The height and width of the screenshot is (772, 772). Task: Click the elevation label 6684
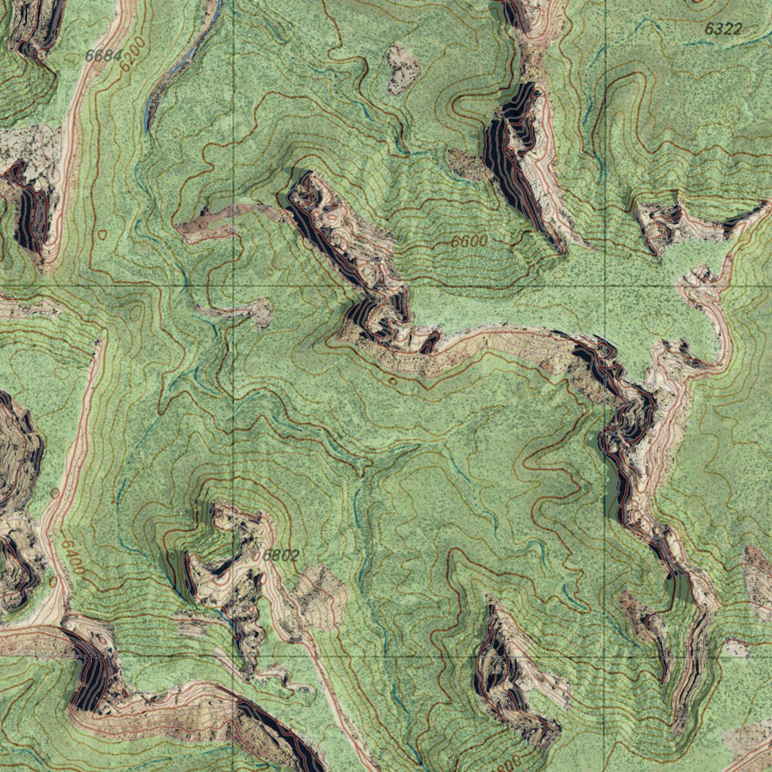(x=103, y=55)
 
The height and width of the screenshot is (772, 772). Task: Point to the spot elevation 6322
(x=724, y=29)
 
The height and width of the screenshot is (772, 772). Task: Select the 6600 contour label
(x=470, y=242)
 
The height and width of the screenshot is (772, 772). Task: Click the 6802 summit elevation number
(x=281, y=556)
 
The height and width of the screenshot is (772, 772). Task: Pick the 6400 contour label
(x=73, y=556)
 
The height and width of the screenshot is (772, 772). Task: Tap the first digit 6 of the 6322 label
(x=709, y=29)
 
